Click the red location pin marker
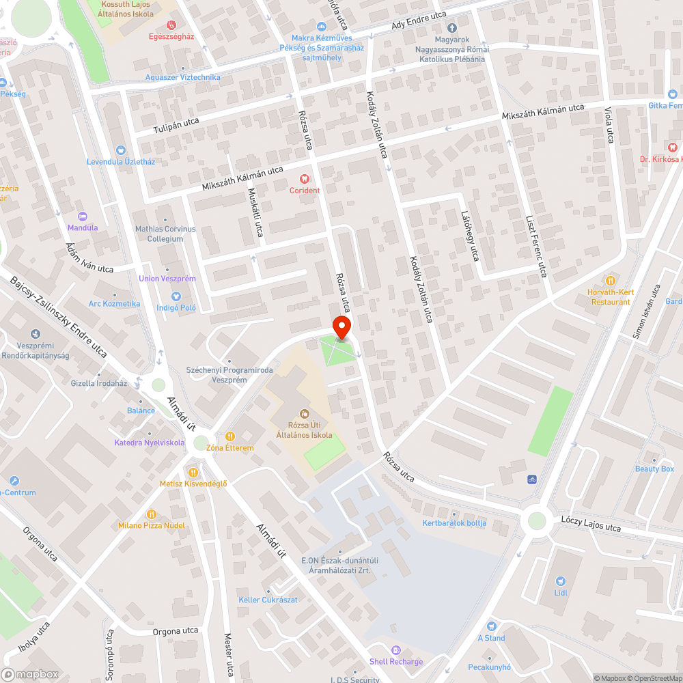tap(341, 326)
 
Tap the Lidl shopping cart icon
tap(561, 580)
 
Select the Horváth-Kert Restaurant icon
tap(610, 280)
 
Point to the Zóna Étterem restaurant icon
tap(230, 436)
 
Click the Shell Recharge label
tap(396, 661)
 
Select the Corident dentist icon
tap(305, 179)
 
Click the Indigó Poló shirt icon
tap(176, 296)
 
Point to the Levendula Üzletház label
tap(121, 162)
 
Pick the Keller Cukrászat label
tap(268, 600)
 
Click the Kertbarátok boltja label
tap(454, 524)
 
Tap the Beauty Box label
tap(654, 469)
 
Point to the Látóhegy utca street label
tap(471, 236)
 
